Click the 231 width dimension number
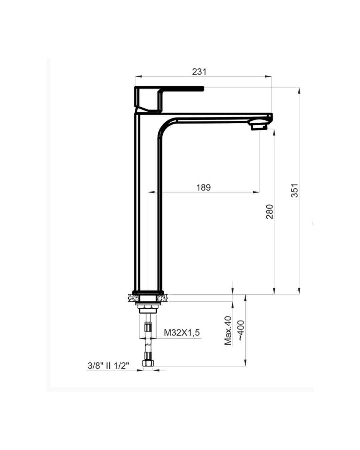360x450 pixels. click(199, 72)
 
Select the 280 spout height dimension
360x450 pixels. click(269, 212)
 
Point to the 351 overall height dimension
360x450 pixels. click(295, 190)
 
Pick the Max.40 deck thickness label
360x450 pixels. click(228, 331)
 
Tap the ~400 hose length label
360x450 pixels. click(241, 330)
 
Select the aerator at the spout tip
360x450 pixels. click(259, 127)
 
